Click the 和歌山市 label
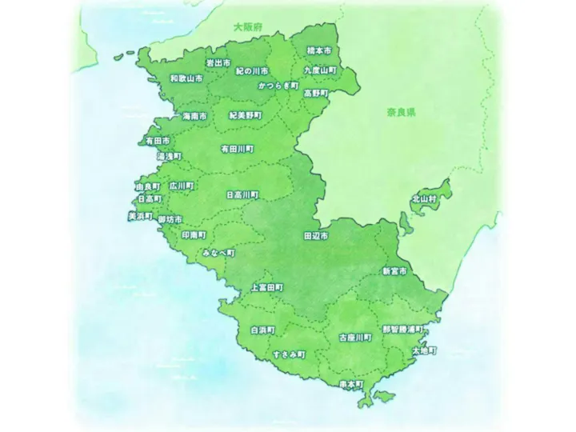tap(186, 79)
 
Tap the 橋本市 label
tap(319, 50)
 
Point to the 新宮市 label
tap(394, 272)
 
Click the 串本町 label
tap(351, 384)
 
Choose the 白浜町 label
tap(262, 330)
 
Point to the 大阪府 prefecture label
tap(248, 27)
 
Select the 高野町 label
tap(316, 93)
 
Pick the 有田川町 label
tap(237, 149)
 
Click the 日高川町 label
tap(242, 194)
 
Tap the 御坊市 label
tap(170, 219)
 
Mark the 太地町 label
tap(424, 350)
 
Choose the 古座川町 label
tap(355, 338)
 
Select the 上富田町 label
tap(266, 286)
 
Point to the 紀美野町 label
tap(244, 115)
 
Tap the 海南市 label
tap(194, 116)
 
